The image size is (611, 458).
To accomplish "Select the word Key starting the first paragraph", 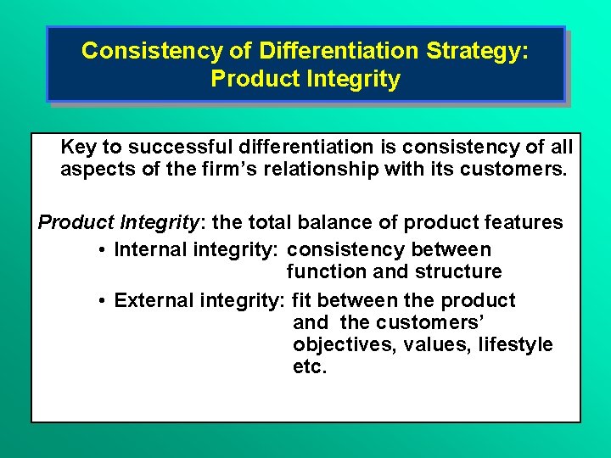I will pyautogui.click(x=79, y=147).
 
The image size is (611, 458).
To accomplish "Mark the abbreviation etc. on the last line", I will pyautogui.click(x=309, y=367).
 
